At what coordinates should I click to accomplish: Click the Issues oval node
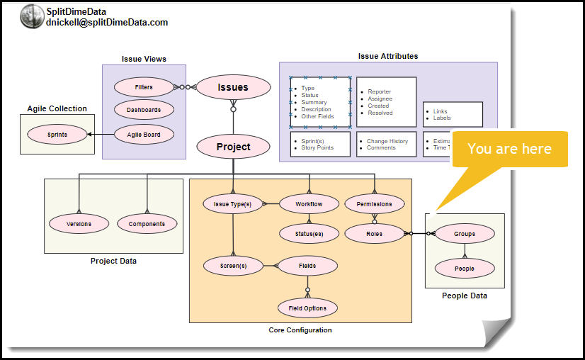[233, 87]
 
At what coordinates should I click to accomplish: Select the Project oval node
[233, 147]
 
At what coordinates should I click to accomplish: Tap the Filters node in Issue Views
[144, 87]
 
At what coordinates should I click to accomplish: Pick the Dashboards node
[144, 110]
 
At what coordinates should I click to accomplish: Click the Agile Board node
[144, 135]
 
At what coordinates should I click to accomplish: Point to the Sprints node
[57, 134]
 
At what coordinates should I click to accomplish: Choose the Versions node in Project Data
[79, 224]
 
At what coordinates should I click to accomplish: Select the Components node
[147, 224]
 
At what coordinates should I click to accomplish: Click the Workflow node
[309, 204]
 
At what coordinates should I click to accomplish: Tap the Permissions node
[374, 204]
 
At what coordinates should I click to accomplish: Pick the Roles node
[374, 233]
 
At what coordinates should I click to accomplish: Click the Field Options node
[307, 308]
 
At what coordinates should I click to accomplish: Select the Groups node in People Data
[465, 233]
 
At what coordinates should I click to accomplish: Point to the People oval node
[465, 269]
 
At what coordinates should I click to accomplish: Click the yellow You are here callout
[510, 149]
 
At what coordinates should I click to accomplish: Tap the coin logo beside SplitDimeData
[32, 16]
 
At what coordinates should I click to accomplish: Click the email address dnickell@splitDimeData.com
[107, 23]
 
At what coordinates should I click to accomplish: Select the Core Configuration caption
[300, 330]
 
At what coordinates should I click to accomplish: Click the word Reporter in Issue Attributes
[380, 91]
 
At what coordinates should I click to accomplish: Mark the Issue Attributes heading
[388, 56]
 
